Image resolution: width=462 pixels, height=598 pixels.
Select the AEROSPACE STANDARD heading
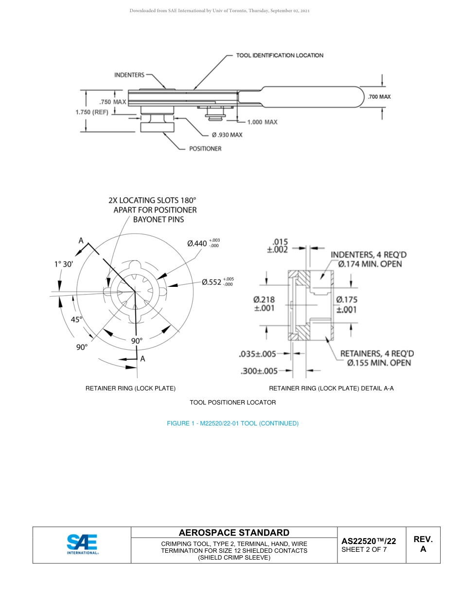point(234,532)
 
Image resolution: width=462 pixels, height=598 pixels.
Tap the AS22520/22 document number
point(368,541)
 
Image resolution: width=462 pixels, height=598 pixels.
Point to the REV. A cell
point(423,544)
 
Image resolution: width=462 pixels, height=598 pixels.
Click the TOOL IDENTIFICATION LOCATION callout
point(280,55)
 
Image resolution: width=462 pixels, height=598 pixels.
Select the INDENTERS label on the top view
point(129,75)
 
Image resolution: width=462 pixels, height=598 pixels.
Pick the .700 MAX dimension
point(379,97)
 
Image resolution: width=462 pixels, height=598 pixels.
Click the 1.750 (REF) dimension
point(91,112)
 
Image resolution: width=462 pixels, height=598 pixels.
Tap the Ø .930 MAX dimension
point(227,135)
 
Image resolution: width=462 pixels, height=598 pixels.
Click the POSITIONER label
point(205,148)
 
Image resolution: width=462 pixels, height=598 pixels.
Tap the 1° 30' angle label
point(63,264)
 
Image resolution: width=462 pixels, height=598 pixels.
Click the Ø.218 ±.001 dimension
point(264,304)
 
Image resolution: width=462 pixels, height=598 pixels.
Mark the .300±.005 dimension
point(259,371)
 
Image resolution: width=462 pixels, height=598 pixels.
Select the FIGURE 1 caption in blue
point(232,423)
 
